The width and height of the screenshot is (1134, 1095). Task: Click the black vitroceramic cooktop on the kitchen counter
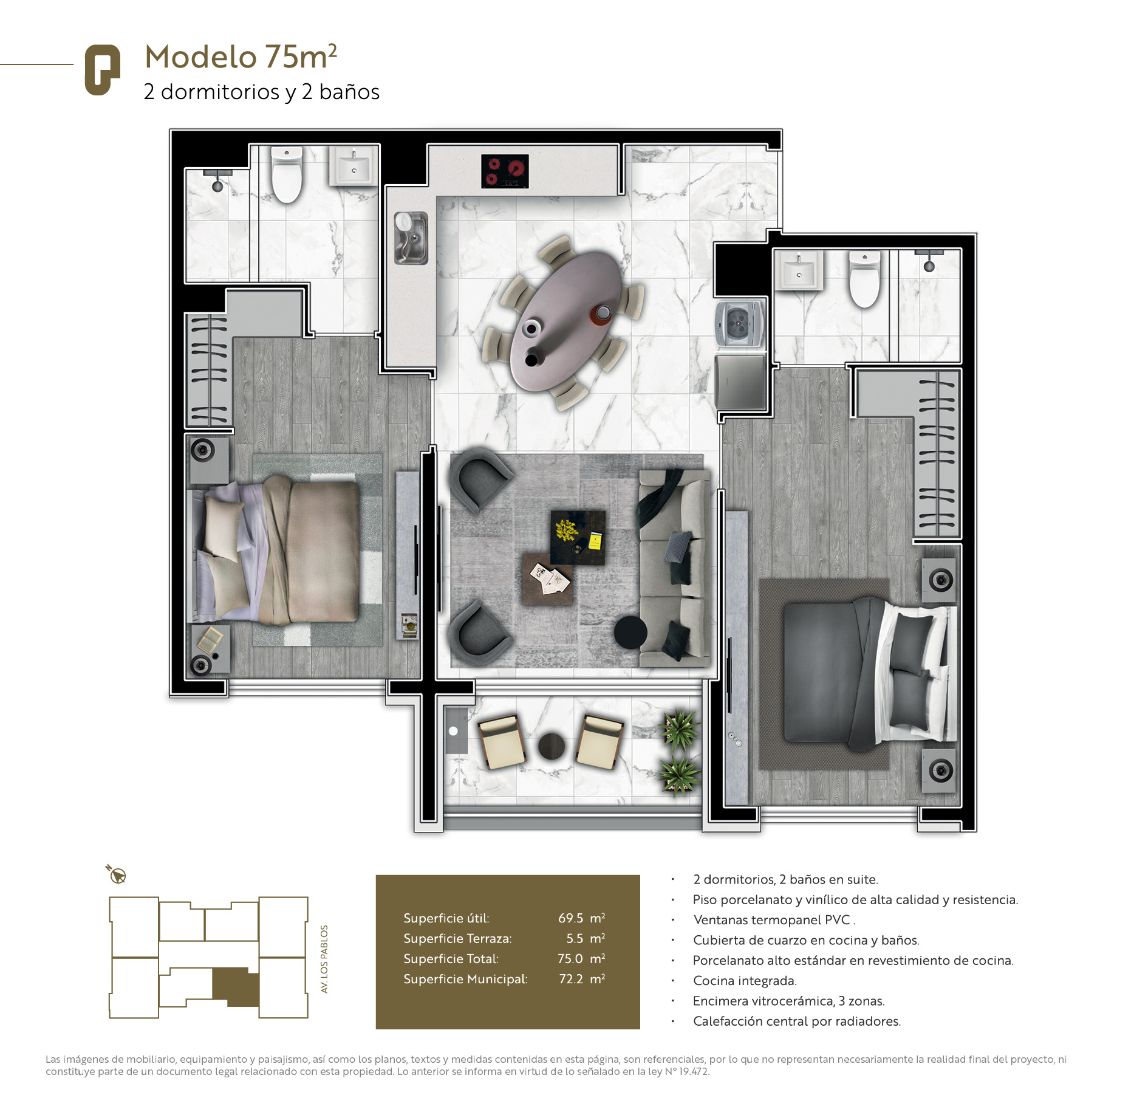(505, 171)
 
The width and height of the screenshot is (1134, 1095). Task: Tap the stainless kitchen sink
(411, 238)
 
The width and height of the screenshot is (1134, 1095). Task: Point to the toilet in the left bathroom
(287, 174)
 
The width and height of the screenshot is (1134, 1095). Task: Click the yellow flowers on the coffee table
(566, 530)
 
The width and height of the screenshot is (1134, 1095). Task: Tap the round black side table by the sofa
(630, 633)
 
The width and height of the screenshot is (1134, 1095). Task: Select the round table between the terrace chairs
(552, 746)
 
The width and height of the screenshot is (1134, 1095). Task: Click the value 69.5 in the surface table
(570, 918)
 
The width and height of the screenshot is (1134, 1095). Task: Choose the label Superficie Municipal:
(465, 979)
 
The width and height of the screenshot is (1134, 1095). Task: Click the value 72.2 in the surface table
(571, 979)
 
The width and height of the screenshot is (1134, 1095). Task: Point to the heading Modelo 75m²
(241, 57)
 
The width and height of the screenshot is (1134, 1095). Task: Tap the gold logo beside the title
(102, 70)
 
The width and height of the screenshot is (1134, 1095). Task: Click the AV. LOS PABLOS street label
(324, 959)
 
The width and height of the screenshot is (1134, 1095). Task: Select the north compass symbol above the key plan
(116, 874)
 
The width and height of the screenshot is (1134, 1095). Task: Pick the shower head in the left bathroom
(217, 181)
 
